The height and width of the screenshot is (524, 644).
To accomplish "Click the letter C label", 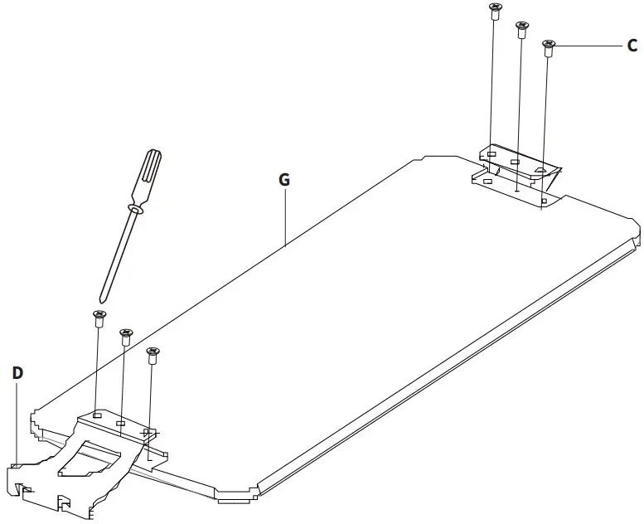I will click(x=632, y=46).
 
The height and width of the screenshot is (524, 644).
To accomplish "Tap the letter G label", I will click(x=284, y=179).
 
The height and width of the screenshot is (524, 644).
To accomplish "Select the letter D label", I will click(x=17, y=372).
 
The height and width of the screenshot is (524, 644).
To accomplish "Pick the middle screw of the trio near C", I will click(x=522, y=29).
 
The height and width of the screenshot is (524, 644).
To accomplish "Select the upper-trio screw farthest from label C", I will click(x=495, y=11).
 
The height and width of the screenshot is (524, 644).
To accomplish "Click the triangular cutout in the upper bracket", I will click(x=540, y=169).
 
